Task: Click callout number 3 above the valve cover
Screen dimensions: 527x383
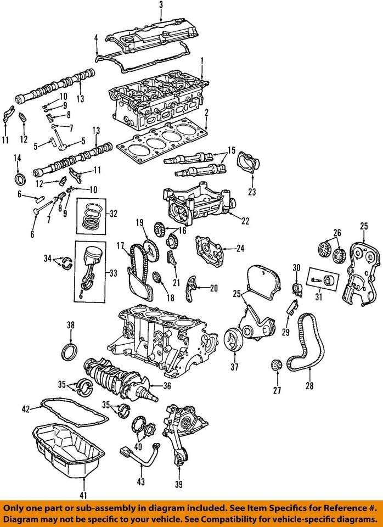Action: pos(161,5)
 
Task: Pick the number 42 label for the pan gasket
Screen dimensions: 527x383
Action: pos(26,408)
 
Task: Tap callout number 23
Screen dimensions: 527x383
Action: pos(252,192)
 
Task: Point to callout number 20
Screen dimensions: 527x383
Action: pos(213,287)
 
